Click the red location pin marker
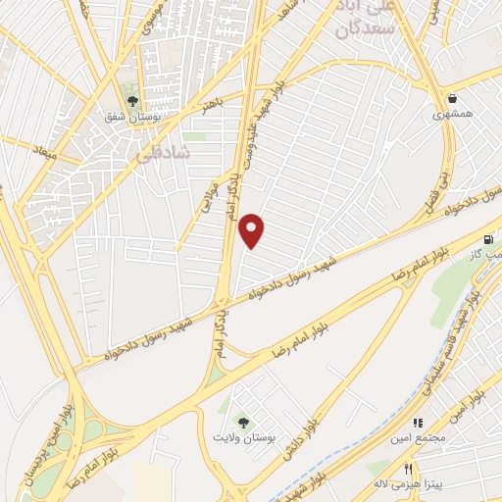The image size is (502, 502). (x=253, y=230)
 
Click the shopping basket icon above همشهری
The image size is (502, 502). (x=452, y=99)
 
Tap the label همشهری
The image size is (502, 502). (x=452, y=114)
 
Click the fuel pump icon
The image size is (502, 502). (x=487, y=239)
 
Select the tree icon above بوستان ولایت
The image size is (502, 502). (x=242, y=423)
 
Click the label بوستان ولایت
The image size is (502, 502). (x=242, y=438)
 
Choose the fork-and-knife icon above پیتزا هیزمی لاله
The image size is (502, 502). (x=409, y=469)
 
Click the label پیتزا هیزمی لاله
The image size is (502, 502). (x=405, y=484)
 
